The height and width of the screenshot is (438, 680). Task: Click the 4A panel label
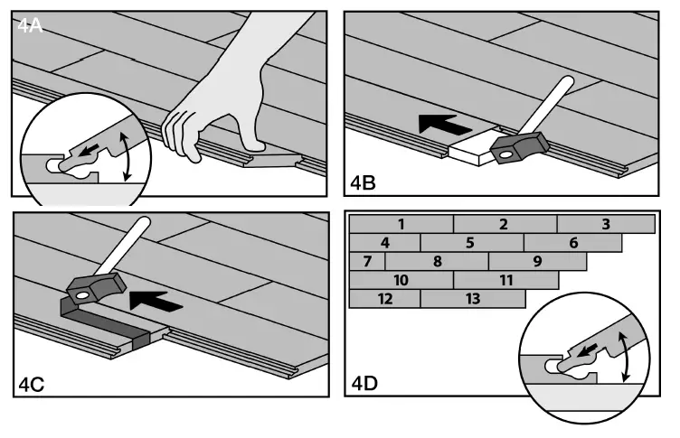click(x=31, y=25)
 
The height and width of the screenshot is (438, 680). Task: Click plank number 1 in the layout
click(x=400, y=224)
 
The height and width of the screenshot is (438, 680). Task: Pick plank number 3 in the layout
click(x=606, y=224)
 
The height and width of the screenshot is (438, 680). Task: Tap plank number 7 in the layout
click(x=367, y=262)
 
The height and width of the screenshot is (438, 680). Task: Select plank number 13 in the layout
click(x=472, y=299)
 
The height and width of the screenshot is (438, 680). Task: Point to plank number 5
click(x=471, y=243)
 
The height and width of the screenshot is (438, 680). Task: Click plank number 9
click(x=537, y=262)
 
